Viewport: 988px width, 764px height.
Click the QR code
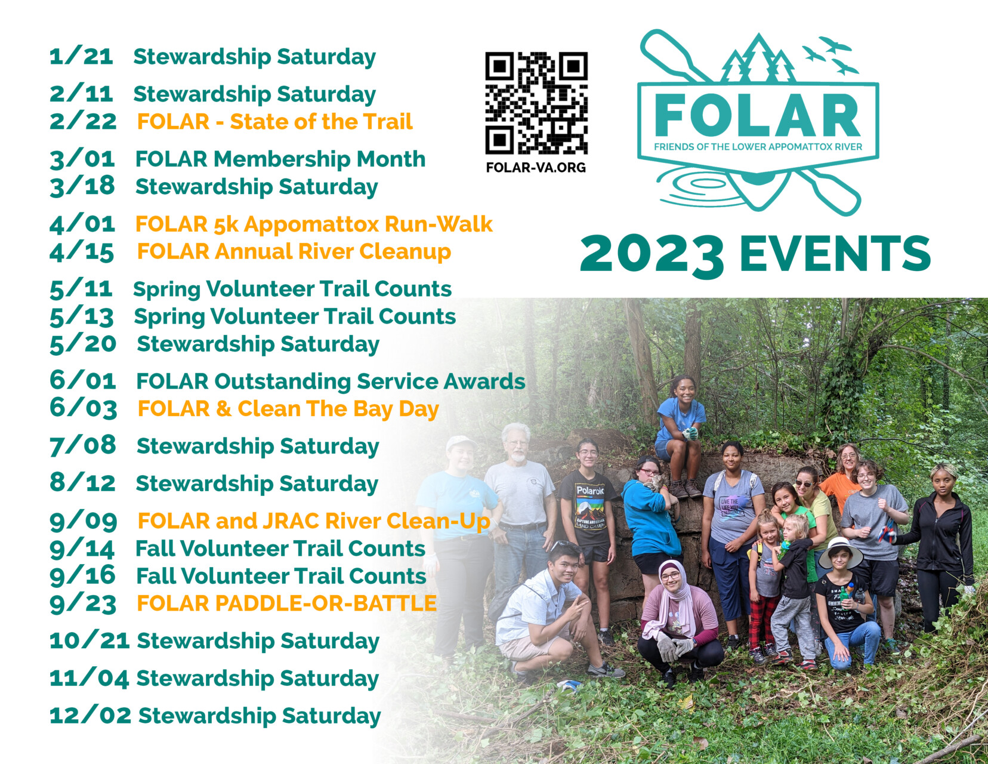click(x=536, y=103)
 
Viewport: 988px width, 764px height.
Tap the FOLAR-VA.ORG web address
click(x=536, y=167)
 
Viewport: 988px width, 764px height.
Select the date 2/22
click(x=83, y=122)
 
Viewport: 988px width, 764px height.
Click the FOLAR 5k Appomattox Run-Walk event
click(x=314, y=224)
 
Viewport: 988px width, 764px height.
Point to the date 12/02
click(x=90, y=715)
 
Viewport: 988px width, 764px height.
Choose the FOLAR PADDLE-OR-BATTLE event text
click(x=287, y=603)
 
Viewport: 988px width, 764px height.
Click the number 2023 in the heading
click(x=652, y=255)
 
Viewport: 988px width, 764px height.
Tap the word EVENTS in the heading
click(x=835, y=253)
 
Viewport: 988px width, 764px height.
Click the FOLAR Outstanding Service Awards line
click(x=331, y=381)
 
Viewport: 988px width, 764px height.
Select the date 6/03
click(x=83, y=408)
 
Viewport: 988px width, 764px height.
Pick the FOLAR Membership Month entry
click(x=280, y=159)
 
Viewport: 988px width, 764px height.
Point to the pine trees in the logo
click(x=758, y=58)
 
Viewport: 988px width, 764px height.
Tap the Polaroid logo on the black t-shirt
click(x=590, y=491)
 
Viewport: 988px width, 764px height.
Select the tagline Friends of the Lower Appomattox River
click(x=758, y=147)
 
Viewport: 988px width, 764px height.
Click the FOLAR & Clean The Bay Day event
click(x=288, y=409)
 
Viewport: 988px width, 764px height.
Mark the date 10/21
click(x=89, y=640)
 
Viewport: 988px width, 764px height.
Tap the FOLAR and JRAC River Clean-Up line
click(x=314, y=521)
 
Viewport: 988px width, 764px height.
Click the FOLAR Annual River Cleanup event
click(x=294, y=252)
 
